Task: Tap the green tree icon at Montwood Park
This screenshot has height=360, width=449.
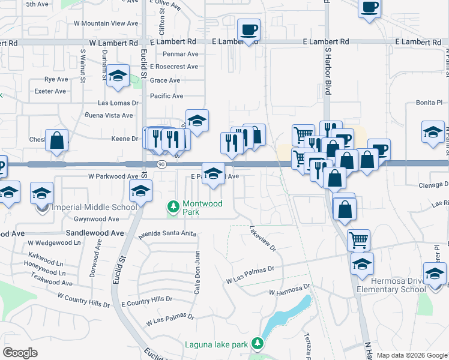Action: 173,207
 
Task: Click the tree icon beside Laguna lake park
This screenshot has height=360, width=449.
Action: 258,343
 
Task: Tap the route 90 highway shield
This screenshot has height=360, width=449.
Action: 161,164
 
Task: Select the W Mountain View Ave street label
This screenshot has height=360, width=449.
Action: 106,23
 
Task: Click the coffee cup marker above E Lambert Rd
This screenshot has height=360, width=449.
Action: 248,30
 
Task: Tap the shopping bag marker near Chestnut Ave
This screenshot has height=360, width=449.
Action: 56,142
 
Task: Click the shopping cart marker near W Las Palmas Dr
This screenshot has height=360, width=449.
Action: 358,240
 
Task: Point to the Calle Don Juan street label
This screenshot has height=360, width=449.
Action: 196,265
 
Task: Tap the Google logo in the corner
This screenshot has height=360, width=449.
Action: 20,353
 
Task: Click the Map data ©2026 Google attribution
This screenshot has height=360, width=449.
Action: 412,355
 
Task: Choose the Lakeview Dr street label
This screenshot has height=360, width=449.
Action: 262,238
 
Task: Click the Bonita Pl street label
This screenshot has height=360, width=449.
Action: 429,103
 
